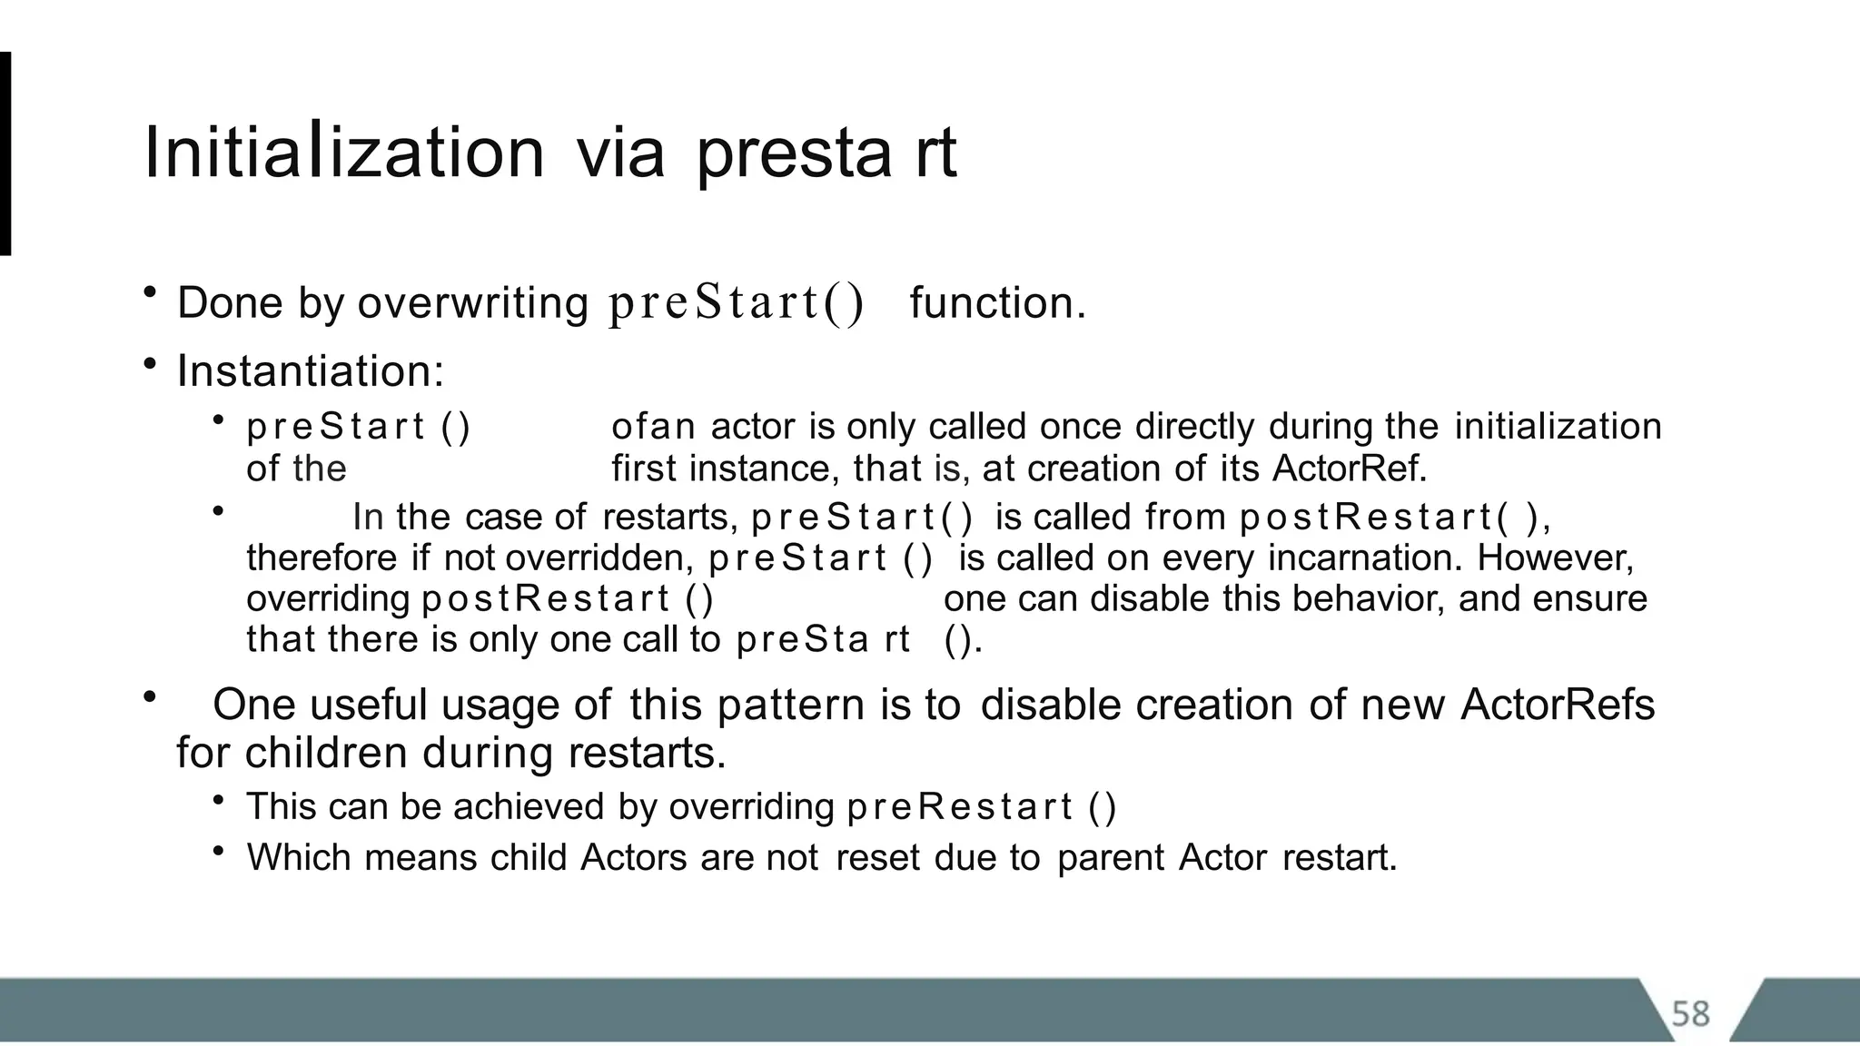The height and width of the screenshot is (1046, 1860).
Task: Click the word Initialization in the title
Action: (343, 153)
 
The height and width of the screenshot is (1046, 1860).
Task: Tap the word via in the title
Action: (620, 153)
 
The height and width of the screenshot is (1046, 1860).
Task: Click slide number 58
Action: (1690, 1013)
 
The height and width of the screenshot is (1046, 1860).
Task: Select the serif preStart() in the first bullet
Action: (736, 303)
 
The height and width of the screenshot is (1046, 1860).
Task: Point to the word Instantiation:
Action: (311, 371)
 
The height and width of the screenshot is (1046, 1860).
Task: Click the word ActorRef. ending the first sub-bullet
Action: (1350, 469)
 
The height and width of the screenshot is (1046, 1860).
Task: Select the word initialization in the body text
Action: (1558, 427)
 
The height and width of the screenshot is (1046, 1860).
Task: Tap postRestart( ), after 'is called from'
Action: (1394, 518)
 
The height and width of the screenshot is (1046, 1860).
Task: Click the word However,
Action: (1555, 558)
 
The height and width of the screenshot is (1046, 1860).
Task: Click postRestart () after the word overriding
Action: (568, 599)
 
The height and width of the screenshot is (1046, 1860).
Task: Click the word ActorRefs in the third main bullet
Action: (1557, 706)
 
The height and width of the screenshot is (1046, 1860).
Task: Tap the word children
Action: (326, 754)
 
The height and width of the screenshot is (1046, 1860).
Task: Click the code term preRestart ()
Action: (981, 807)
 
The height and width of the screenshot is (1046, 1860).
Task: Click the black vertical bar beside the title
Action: (5, 153)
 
